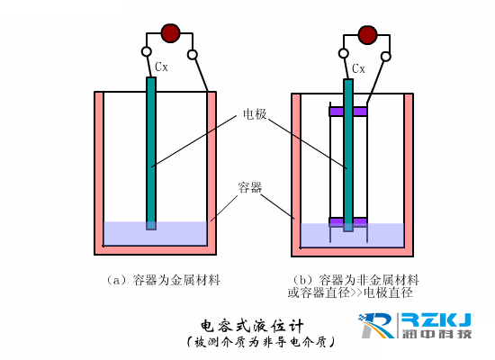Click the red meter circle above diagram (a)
[170, 34]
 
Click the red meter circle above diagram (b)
[366, 35]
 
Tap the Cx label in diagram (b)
[358, 67]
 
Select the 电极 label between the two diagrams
[254, 115]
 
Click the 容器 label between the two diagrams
[250, 188]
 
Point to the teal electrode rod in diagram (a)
[151, 153]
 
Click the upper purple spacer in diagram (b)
[348, 112]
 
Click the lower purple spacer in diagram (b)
[348, 221]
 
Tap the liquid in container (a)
[180, 233]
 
